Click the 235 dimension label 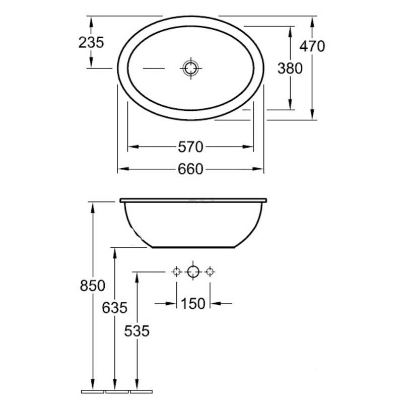tap(91, 42)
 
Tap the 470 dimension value tap(312, 46)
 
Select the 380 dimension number tap(290, 69)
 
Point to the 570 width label tap(190, 147)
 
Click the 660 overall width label tap(190, 169)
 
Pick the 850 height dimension tap(93, 286)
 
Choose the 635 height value tap(115, 308)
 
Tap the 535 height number tap(137, 331)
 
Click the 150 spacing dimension tap(193, 304)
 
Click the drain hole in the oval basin tap(191, 69)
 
